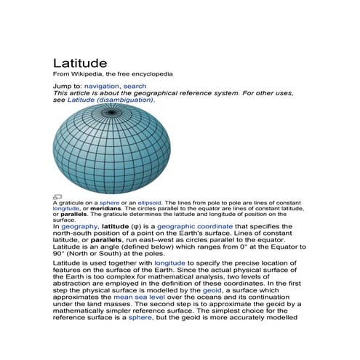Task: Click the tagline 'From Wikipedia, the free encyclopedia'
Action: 113,74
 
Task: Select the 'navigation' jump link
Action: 101,87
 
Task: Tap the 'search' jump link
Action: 135,87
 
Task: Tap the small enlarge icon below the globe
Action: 57,196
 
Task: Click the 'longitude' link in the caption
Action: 66,209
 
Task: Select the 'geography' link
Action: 79,227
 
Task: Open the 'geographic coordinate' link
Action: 193,227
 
